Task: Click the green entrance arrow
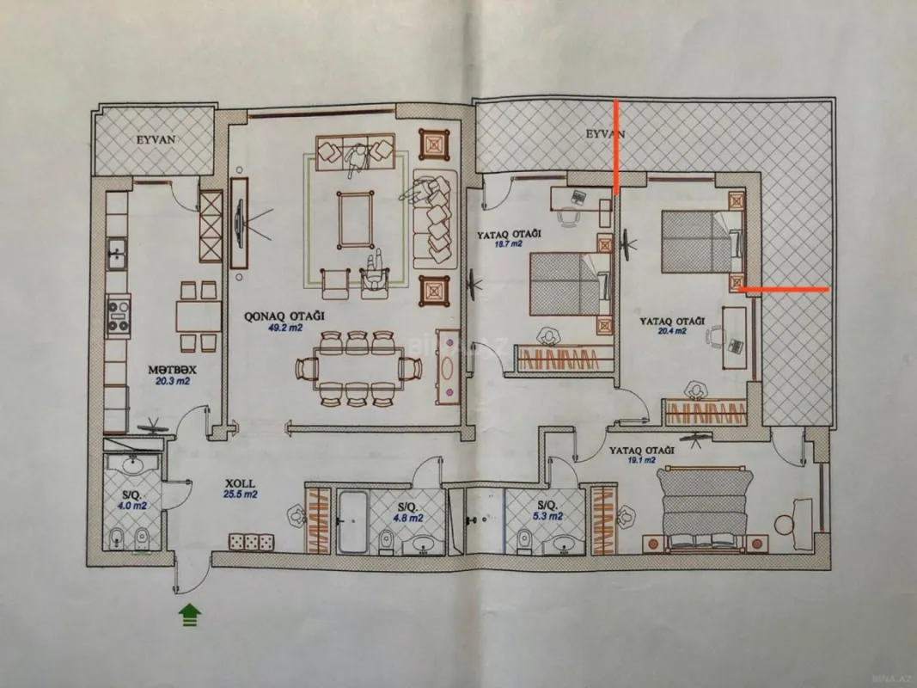189,613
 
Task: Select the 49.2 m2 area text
262,328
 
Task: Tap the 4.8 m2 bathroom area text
409,518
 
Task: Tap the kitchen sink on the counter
118,255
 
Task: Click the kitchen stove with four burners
118,314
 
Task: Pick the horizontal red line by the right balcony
785,291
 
